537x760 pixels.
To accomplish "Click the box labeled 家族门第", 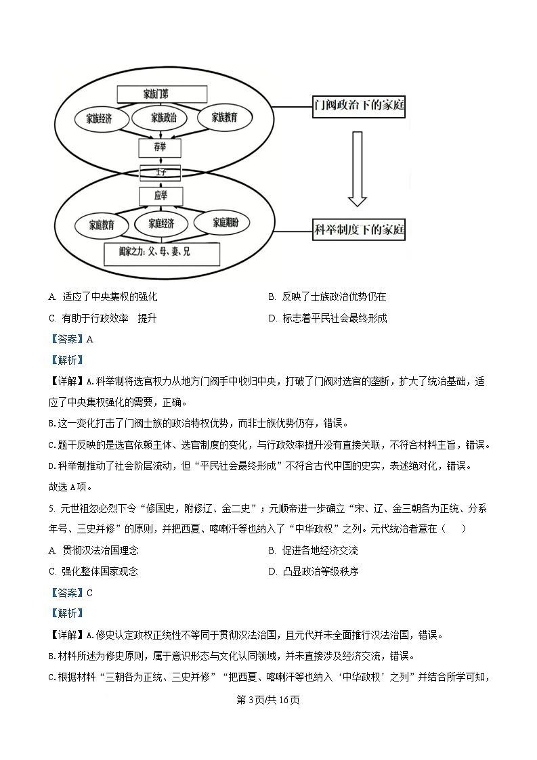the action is (x=161, y=94).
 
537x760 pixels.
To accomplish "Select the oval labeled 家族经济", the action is (x=99, y=118).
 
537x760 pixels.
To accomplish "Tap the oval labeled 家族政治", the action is (x=163, y=117).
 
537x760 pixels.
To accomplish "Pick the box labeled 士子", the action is (x=160, y=173).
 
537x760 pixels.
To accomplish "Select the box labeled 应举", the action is (x=160, y=196).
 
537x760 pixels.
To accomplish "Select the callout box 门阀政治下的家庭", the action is (x=359, y=106).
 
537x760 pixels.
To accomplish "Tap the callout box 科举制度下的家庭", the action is (x=359, y=230).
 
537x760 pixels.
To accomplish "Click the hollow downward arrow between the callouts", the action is (x=357, y=169).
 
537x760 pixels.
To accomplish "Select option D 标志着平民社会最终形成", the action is (x=335, y=318).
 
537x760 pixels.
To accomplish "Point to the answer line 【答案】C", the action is (x=70, y=593).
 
